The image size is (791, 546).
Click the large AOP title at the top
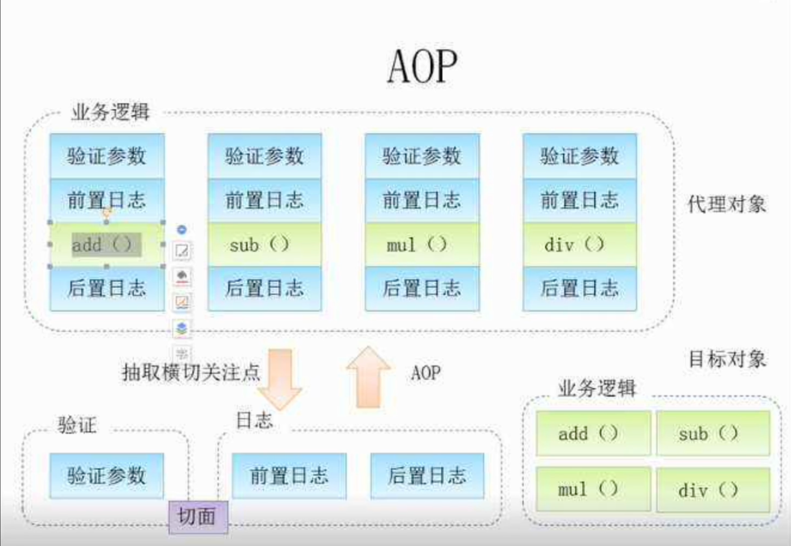click(422, 67)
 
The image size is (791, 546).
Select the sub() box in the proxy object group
click(265, 244)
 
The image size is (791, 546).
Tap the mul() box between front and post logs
click(422, 244)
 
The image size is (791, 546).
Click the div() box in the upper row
click(580, 244)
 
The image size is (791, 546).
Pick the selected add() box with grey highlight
click(107, 245)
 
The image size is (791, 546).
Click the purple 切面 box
click(198, 517)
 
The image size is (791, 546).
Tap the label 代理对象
click(727, 204)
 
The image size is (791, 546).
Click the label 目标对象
click(727, 360)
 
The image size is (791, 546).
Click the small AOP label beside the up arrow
click(426, 373)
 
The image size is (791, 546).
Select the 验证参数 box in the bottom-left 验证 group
click(107, 476)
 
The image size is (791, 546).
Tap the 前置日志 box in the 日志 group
click(289, 476)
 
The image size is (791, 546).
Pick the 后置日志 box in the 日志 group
click(427, 476)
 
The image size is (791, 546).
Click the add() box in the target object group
click(593, 433)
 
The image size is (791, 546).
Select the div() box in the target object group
click(713, 490)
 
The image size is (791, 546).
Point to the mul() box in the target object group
click(593, 489)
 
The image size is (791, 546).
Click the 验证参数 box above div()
click(580, 156)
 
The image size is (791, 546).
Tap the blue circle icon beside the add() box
click(182, 229)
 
